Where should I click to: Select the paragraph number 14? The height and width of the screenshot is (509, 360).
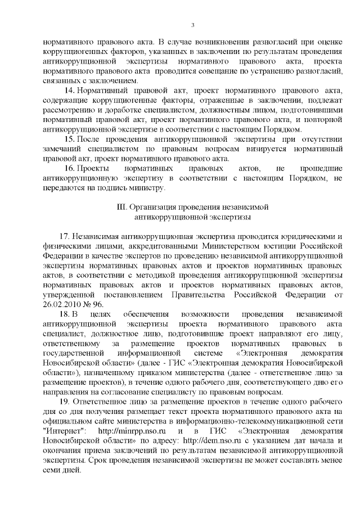[70, 91]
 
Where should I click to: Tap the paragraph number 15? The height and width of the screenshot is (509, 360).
[70, 139]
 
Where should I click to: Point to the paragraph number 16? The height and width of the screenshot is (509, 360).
[70, 168]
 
